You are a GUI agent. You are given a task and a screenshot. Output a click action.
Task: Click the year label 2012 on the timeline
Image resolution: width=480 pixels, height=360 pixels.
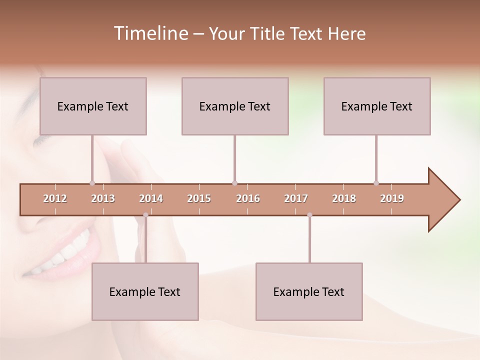coord(55,198)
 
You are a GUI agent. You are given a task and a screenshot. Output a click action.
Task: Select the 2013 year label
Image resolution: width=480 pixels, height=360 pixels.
coord(103,198)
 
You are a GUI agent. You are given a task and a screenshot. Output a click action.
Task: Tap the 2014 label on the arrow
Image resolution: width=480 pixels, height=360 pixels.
coord(151,198)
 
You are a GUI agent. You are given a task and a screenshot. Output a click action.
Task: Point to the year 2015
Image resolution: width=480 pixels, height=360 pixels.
coord(199,198)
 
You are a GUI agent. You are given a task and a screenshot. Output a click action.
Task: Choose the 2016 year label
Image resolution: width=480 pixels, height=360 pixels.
coord(248,198)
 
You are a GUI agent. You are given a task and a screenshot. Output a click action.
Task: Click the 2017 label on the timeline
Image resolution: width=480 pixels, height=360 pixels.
coord(296,198)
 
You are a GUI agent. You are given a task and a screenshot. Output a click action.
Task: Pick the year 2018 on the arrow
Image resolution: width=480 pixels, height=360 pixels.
coord(344,198)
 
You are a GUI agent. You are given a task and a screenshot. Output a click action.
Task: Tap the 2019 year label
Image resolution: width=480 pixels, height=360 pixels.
coord(392,198)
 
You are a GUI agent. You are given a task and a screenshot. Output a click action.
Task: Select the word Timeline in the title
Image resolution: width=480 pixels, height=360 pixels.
coord(150,33)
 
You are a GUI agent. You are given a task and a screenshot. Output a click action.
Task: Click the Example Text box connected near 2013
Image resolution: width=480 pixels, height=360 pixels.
coord(93,106)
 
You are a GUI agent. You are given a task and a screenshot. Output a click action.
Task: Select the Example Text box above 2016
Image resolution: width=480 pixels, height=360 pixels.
coord(235,106)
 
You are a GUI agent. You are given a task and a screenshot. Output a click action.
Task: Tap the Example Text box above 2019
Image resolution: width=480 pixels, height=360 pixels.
coord(377,106)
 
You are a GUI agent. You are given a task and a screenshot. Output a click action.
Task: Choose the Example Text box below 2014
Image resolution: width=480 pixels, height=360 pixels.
coord(145,291)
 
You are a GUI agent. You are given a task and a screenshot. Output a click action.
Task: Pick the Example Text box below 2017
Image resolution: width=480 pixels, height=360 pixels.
coord(309,291)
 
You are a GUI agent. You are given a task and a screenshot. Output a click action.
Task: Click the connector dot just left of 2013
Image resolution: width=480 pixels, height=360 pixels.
coord(92,183)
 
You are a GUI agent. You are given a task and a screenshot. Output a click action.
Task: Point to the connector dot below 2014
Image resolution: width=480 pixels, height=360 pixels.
coord(145,215)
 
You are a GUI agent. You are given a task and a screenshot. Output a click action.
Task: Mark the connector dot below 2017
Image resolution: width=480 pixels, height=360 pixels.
coord(309,215)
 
